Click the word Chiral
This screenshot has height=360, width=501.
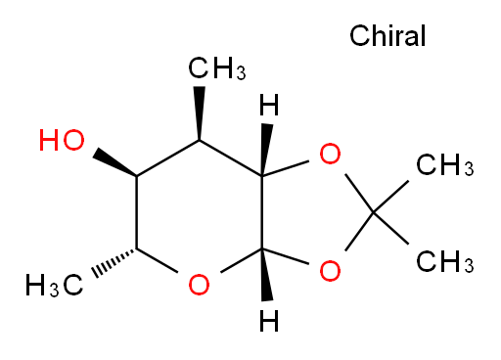[x=387, y=35]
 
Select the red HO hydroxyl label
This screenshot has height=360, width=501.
[x=62, y=140]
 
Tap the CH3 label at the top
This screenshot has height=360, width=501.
[x=217, y=67]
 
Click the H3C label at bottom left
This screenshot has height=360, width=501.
[x=55, y=285]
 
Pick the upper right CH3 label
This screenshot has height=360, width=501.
[x=445, y=164]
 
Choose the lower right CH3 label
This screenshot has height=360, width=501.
[x=445, y=261]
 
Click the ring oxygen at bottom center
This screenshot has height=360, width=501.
[x=199, y=285]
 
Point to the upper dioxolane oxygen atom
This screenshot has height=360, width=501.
[x=330, y=154]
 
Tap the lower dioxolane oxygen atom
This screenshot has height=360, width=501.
[x=330, y=271]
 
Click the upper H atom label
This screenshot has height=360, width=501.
[x=269, y=105]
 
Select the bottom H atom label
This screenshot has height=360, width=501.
[x=269, y=321]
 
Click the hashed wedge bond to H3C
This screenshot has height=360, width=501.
[x=114, y=263]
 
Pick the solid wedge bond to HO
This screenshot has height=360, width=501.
[x=114, y=162]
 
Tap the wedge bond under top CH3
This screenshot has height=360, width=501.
[x=200, y=113]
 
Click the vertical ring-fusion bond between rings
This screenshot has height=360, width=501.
[x=261, y=212]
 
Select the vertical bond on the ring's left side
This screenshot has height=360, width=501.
[x=137, y=212]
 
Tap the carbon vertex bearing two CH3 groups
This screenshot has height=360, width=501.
[x=374, y=212]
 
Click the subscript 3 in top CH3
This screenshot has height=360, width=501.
[x=241, y=72]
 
